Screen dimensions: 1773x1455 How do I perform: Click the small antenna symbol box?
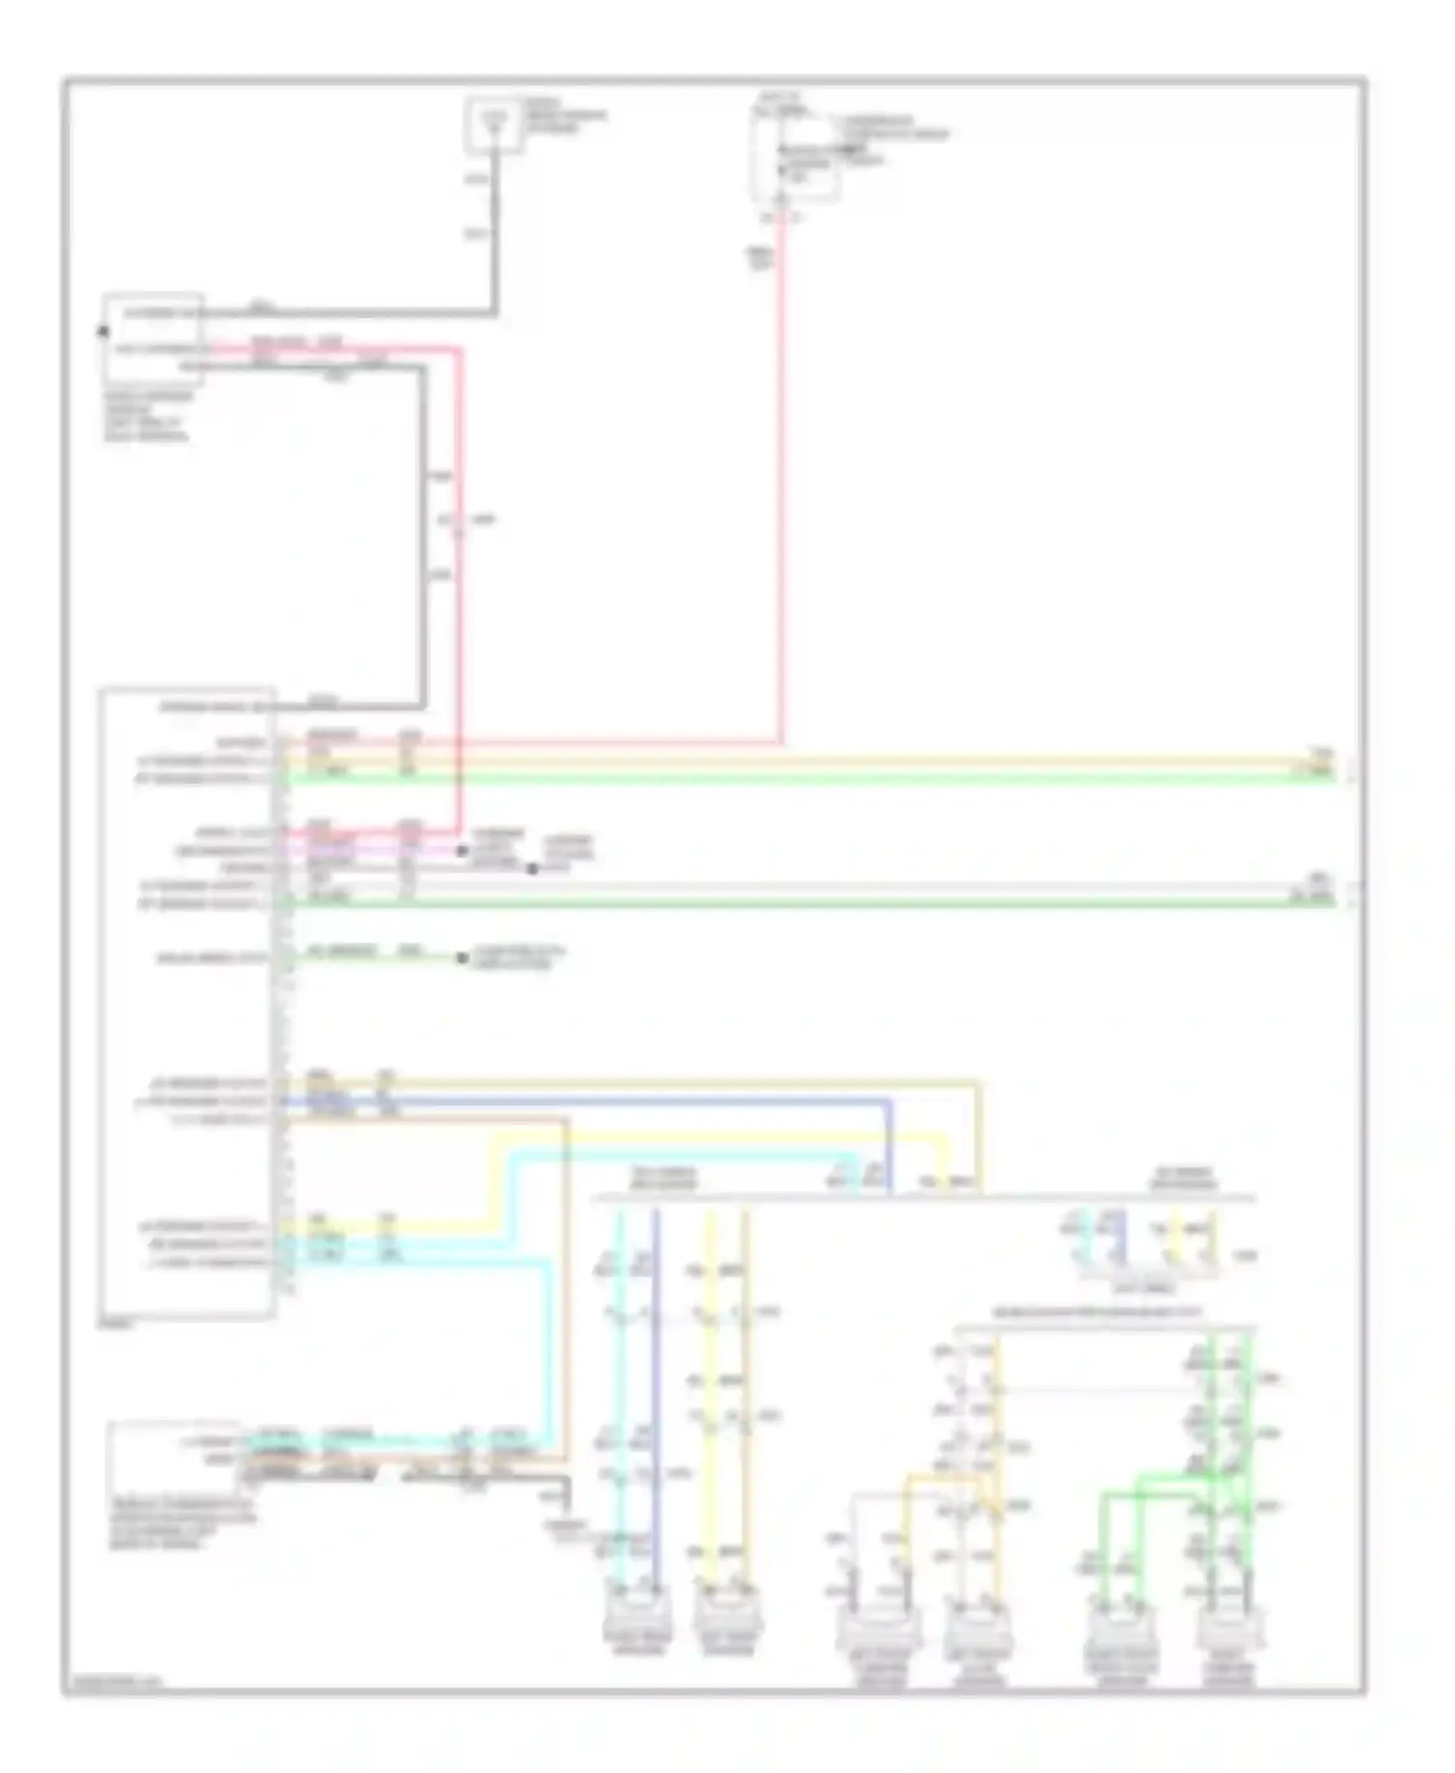click(495, 125)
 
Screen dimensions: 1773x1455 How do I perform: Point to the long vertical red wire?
click(781, 485)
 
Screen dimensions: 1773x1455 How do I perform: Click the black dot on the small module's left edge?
click(101, 331)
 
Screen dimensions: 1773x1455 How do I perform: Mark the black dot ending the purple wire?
click(462, 851)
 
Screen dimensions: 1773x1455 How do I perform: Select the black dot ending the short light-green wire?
click(462, 958)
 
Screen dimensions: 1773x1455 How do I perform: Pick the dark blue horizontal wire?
click(630, 1101)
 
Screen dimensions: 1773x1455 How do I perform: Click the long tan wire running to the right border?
click(824, 760)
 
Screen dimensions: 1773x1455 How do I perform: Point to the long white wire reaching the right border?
click(824, 886)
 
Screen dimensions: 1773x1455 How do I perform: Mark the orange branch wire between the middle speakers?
click(931, 1480)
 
